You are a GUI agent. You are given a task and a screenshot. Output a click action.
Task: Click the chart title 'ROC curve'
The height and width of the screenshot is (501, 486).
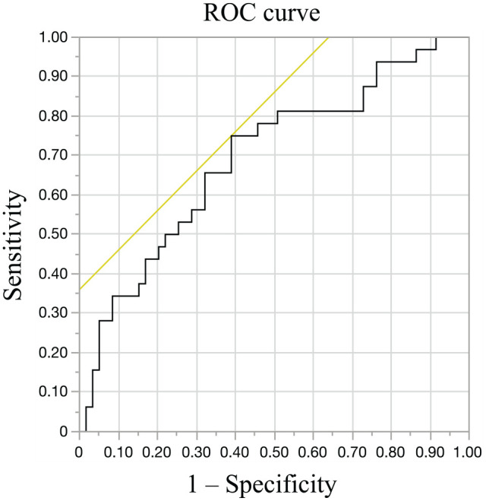(261, 13)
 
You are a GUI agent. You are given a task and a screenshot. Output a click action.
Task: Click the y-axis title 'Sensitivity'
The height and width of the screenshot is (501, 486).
(14, 245)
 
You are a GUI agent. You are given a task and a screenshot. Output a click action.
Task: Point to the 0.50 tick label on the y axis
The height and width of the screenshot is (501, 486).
(53, 234)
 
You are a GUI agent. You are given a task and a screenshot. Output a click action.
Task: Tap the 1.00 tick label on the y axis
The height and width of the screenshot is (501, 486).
(53, 37)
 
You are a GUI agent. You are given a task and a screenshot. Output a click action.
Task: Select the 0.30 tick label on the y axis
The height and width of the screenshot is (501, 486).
(53, 312)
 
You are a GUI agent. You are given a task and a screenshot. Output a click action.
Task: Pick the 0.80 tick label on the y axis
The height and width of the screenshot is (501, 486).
(53, 116)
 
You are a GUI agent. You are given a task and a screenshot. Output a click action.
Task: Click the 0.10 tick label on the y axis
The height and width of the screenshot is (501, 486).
(53, 392)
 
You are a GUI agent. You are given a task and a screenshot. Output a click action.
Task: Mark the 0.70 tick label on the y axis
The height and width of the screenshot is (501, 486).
(53, 155)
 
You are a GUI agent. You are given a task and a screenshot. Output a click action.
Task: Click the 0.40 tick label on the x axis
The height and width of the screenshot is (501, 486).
(235, 452)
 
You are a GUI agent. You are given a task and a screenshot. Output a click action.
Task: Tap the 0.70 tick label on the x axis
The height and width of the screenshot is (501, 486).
(352, 452)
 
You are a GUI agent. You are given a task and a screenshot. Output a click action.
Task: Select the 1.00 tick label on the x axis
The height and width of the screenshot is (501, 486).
(468, 452)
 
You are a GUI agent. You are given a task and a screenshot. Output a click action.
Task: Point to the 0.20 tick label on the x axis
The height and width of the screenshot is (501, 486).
(157, 452)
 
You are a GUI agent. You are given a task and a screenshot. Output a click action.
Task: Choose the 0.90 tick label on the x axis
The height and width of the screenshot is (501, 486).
(430, 452)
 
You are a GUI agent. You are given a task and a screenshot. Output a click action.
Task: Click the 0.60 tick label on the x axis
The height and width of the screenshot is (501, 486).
(313, 452)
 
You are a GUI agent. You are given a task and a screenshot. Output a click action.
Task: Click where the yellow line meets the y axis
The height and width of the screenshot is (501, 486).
(80, 290)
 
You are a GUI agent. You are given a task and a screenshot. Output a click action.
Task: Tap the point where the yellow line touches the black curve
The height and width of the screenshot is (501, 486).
(232, 136)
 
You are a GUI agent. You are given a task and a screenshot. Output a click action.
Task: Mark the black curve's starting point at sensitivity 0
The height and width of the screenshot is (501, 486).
(86, 431)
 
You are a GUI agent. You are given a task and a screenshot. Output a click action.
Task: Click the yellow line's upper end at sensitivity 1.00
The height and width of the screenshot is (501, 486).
(328, 37)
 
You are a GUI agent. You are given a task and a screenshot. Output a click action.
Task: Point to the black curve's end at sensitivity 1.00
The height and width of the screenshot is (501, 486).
(436, 37)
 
